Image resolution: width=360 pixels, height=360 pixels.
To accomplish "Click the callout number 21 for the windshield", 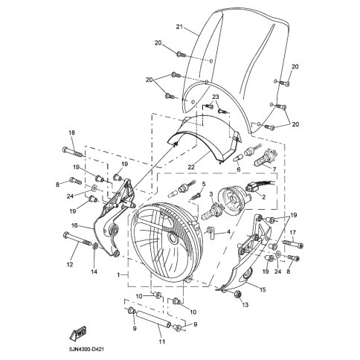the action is point(179,27).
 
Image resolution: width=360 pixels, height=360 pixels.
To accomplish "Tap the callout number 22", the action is point(191,167).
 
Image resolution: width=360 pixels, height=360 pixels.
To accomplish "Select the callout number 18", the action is point(71,132).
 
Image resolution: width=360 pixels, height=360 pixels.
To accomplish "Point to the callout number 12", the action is point(70,265).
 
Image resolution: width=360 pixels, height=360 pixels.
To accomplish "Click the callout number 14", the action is point(94,271).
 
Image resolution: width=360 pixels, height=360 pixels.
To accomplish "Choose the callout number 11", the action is point(161,341).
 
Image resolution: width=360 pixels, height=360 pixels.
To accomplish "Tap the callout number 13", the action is point(245,305).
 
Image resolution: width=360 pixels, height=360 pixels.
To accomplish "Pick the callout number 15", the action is point(263,289).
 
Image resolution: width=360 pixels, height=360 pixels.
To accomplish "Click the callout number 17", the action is point(292,232).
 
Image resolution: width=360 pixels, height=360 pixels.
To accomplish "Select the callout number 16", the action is point(74,225).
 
